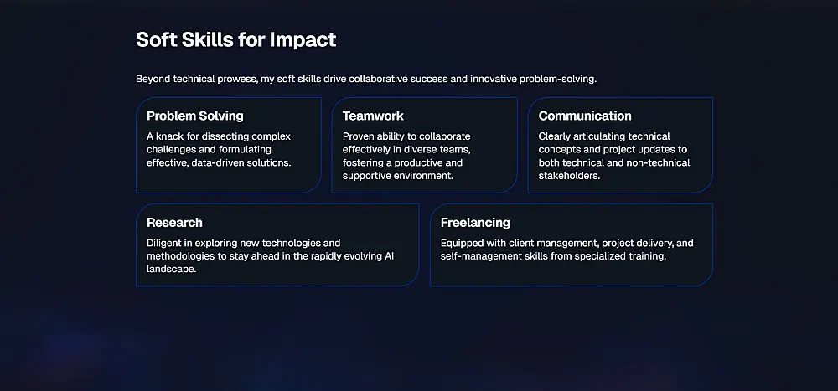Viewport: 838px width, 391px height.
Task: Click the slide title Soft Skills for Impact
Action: pyautogui.click(x=236, y=40)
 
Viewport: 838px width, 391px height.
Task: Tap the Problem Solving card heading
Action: pyautogui.click(x=195, y=116)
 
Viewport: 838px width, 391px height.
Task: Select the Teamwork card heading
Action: pyautogui.click(x=373, y=116)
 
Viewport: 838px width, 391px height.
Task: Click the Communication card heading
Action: pyautogui.click(x=585, y=116)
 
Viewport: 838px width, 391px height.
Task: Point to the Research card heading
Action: pyautogui.click(x=174, y=223)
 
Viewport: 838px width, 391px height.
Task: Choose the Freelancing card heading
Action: pyautogui.click(x=475, y=223)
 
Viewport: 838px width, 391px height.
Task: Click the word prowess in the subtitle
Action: pyautogui.click(x=238, y=79)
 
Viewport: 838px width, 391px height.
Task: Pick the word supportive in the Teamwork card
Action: pyautogui.click(x=367, y=176)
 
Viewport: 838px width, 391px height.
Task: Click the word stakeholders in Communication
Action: pyautogui.click(x=569, y=176)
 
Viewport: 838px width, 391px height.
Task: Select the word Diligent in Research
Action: pyautogui.click(x=164, y=244)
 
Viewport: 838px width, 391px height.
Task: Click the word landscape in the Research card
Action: pyautogui.click(x=170, y=270)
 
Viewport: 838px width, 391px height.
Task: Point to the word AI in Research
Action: pyautogui.click(x=390, y=256)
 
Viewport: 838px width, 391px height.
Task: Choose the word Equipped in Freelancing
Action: pyautogui.click(x=462, y=244)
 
